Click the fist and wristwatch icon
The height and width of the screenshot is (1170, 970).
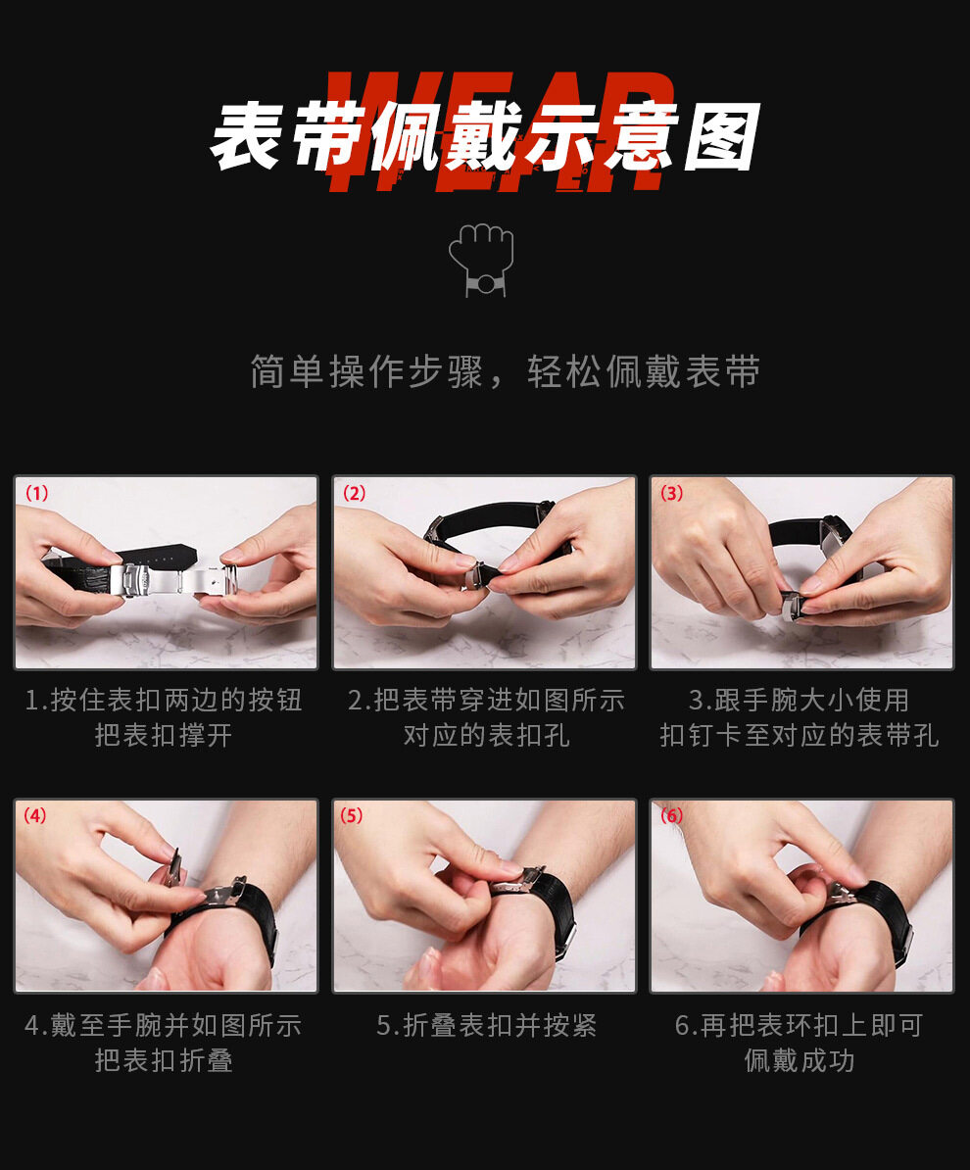pyautogui.click(x=481, y=260)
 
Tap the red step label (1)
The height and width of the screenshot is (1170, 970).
pyautogui.click(x=36, y=493)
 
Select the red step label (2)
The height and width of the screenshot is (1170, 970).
pyautogui.click(x=354, y=493)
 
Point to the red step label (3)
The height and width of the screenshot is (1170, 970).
pyautogui.click(x=671, y=493)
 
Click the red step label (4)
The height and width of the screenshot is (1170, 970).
pyautogui.click(x=35, y=815)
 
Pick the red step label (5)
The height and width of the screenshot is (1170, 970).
pyautogui.click(x=352, y=815)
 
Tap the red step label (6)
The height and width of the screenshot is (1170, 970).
pyautogui.click(x=671, y=815)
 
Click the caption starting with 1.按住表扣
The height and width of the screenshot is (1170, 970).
pyautogui.click(x=164, y=718)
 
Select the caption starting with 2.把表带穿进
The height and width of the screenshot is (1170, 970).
pyautogui.click(x=486, y=718)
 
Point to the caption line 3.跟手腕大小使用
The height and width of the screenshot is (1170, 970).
pyautogui.click(x=800, y=700)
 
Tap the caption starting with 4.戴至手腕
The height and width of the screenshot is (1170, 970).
pyautogui.click(x=164, y=1043)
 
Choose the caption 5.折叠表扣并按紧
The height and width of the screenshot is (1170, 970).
pyautogui.click(x=487, y=1025)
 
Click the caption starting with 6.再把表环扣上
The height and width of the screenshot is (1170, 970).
pyautogui.click(x=800, y=1043)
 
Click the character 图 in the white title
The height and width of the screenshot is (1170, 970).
pyautogui.click(x=721, y=137)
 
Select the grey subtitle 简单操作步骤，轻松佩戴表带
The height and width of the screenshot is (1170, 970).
pyautogui.click(x=506, y=370)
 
